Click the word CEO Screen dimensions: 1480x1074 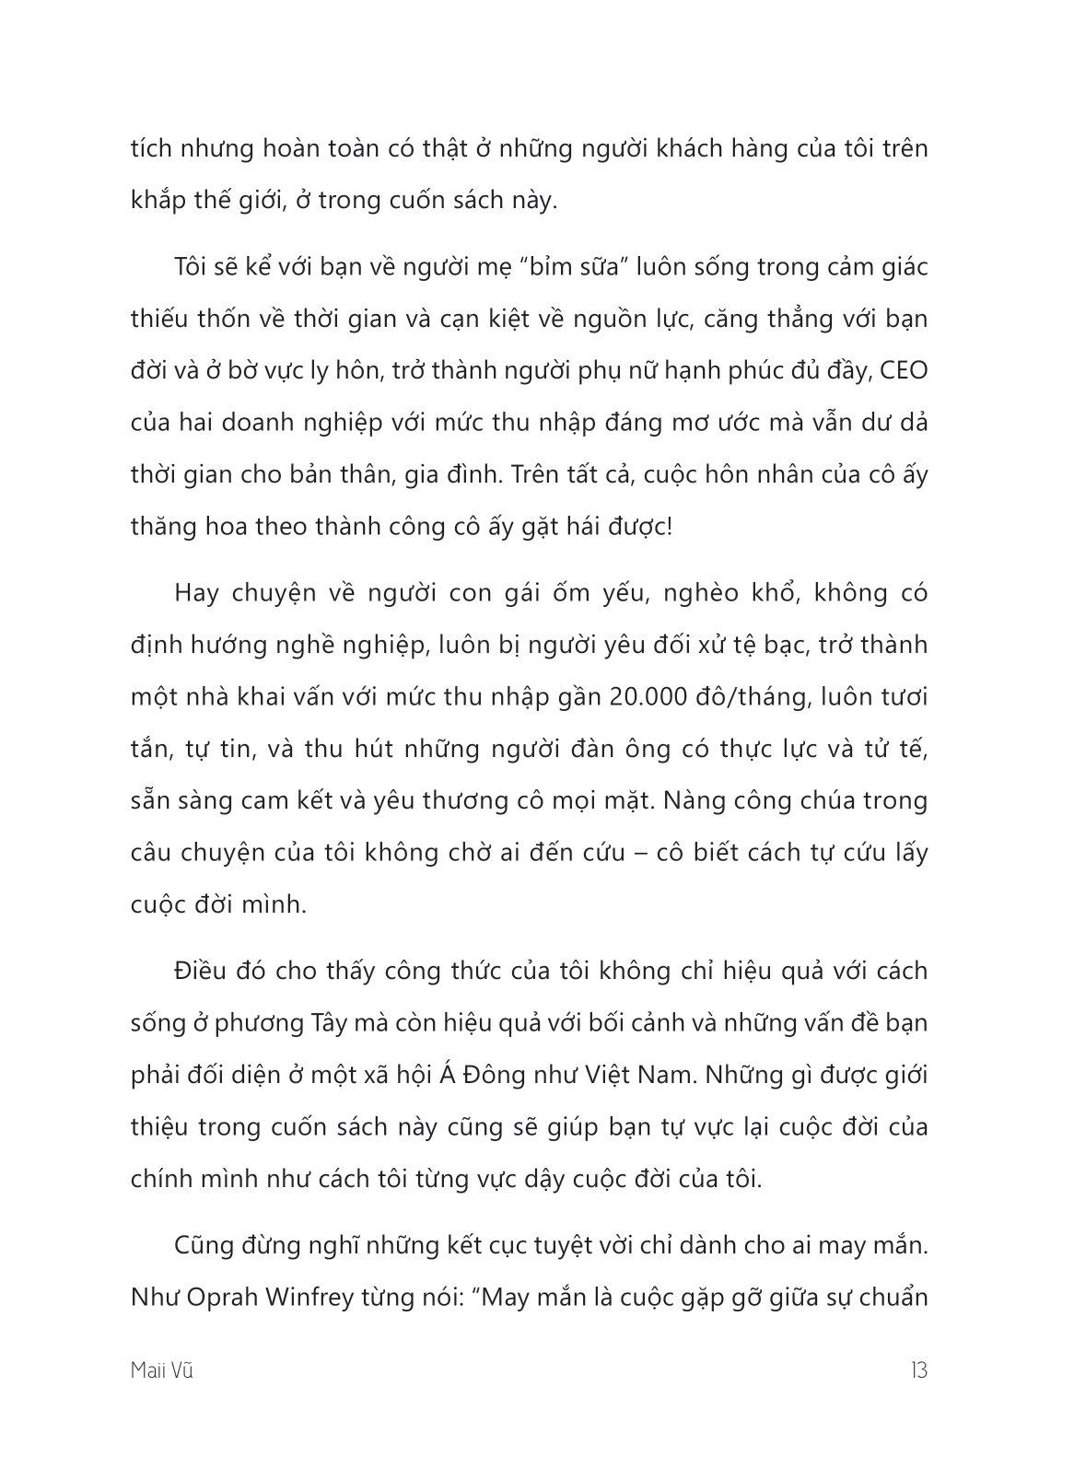click(x=904, y=371)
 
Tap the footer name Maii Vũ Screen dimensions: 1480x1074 click(x=162, y=1370)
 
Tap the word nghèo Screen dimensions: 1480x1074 click(x=685, y=593)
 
